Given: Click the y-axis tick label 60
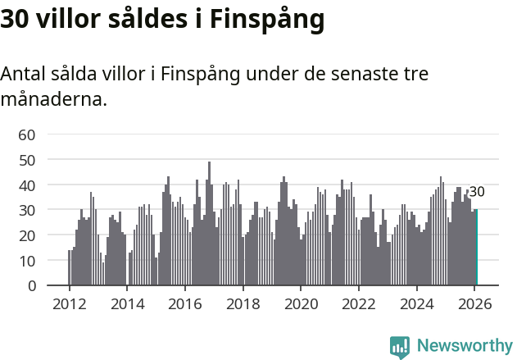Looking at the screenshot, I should (x=27, y=134).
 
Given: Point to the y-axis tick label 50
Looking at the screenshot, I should (x=27, y=160).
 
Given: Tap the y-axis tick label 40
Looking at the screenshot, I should (x=27, y=185).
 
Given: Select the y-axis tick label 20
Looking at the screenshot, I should (x=27, y=235).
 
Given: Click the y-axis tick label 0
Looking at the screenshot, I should (x=31, y=286).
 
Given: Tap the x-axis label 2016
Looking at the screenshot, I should (x=184, y=303).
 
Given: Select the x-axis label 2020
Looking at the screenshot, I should (x=301, y=303).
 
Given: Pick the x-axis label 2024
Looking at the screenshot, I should (x=416, y=303).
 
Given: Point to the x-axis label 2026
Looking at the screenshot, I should (x=474, y=303).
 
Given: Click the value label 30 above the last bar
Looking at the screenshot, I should (x=476, y=192).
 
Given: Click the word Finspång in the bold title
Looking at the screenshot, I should (x=267, y=20).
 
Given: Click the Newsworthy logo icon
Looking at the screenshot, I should (x=400, y=346).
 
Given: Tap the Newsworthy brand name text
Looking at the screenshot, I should (x=464, y=346).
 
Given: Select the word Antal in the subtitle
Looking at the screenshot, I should (x=21, y=74).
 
